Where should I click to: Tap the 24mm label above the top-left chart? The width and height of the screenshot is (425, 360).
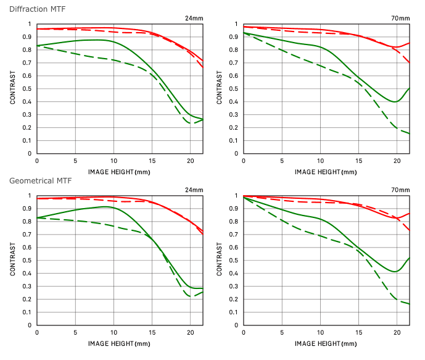click(194, 19)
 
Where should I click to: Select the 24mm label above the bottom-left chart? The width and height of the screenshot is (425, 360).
click(194, 190)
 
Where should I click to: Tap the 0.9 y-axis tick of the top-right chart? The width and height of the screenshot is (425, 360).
click(235, 37)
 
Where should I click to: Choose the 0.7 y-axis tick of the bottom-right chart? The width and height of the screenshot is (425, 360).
click(235, 235)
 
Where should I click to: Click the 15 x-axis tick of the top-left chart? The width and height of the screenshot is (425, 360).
click(152, 161)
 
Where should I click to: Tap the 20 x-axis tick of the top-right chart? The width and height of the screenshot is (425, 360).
click(396, 161)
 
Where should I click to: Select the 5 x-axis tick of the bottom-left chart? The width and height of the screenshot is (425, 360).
click(75, 333)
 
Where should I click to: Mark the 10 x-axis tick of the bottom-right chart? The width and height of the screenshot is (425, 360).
click(320, 333)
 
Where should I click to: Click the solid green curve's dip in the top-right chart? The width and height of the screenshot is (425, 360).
click(395, 102)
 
